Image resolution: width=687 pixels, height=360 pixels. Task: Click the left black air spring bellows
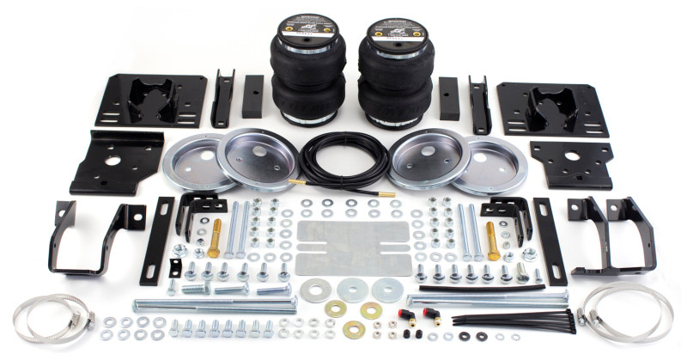[x=307, y=73]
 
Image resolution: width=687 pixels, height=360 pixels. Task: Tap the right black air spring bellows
[x=396, y=73]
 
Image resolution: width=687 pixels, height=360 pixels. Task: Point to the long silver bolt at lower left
[x=215, y=304]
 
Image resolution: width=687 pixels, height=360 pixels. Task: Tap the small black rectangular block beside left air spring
[x=252, y=96]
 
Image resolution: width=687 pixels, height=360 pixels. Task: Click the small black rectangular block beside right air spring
[x=449, y=98]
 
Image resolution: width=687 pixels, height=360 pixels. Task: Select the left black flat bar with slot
[x=157, y=241]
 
